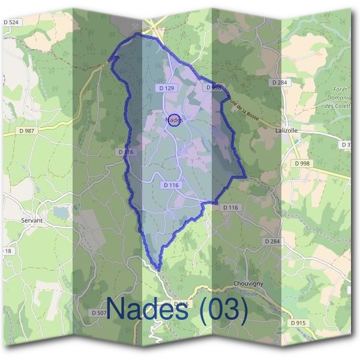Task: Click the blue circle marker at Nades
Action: (x=174, y=121)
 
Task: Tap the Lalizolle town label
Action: (x=286, y=130)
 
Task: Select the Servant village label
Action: (x=31, y=220)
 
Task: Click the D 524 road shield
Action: (x=11, y=22)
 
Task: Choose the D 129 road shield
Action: (x=167, y=88)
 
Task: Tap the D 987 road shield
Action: (x=28, y=130)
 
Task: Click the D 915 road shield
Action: (x=298, y=323)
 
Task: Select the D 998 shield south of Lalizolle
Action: (x=302, y=163)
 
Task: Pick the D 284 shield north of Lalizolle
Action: (x=280, y=82)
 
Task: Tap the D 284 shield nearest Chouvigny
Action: (x=272, y=241)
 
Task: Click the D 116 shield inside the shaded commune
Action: (x=171, y=185)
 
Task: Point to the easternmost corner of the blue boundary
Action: (x=246, y=176)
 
